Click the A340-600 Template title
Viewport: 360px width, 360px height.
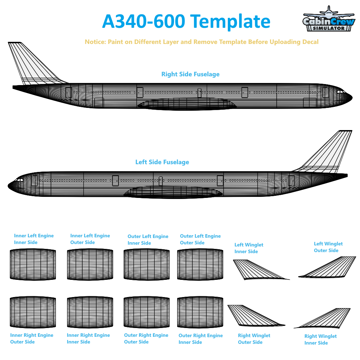point(186,21)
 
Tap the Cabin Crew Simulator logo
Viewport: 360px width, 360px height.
point(329,19)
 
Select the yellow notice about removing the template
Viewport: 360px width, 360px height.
point(201,42)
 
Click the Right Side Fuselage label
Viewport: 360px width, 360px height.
point(190,74)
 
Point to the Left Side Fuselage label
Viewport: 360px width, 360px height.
point(162,162)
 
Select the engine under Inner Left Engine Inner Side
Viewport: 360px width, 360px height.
point(33,264)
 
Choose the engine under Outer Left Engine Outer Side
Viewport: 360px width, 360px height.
point(200,264)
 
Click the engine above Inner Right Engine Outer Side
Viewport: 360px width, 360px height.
point(33,312)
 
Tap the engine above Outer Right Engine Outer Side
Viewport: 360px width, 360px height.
point(147,312)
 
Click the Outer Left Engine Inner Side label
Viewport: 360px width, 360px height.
point(148,240)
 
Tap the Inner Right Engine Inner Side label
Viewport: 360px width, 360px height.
point(88,339)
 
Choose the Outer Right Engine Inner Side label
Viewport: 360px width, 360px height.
point(201,339)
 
